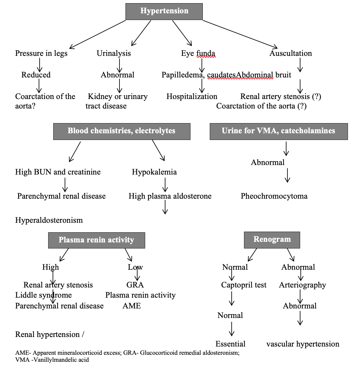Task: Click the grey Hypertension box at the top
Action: click(164, 11)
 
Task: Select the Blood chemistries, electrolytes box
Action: click(122, 131)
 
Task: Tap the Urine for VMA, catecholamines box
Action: click(279, 131)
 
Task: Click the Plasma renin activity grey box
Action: click(96, 240)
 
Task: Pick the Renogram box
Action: click(272, 240)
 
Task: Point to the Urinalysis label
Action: click(114, 53)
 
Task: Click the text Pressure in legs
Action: click(41, 53)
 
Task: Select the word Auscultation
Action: click(291, 53)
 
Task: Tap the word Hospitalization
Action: click(192, 96)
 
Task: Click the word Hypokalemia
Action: click(154, 172)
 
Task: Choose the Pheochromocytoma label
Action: click(274, 196)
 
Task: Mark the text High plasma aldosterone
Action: click(170, 196)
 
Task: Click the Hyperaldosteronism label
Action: click(49, 220)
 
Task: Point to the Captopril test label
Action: click(244, 285)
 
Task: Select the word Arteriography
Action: click(302, 285)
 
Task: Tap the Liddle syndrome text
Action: click(43, 295)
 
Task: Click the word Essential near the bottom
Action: click(230, 344)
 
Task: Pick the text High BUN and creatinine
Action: click(58, 172)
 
